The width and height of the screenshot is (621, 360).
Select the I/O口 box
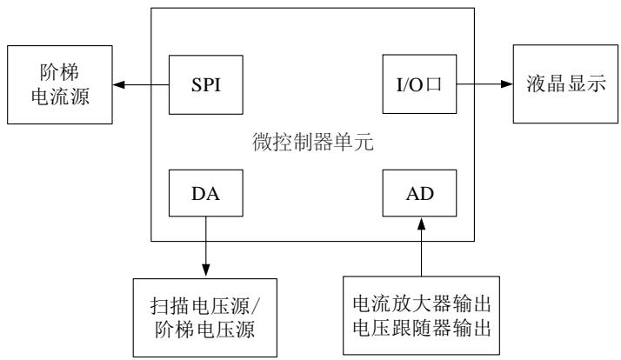click(418, 85)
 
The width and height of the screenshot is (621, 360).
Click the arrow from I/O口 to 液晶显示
click(483, 85)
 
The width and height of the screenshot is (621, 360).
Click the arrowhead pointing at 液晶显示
click(506, 85)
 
